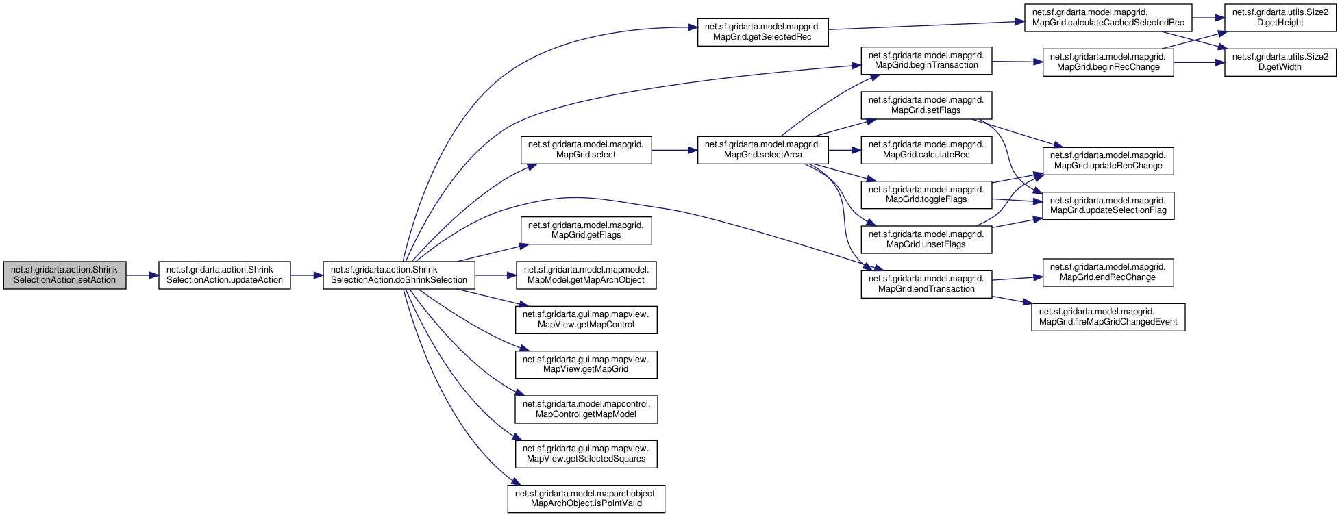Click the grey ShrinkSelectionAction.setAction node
[x=64, y=275]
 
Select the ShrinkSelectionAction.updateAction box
[x=225, y=275]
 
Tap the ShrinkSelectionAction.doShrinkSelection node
[x=399, y=275]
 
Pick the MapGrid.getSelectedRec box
[x=762, y=32]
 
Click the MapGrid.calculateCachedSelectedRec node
[x=1108, y=18]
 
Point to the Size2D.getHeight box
[x=1280, y=18]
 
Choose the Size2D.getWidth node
[x=1280, y=62]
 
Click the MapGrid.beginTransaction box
[x=926, y=61]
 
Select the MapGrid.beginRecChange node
[x=1108, y=62]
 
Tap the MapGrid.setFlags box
[x=926, y=105]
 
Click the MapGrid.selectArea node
[x=762, y=150]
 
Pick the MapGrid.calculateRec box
[x=926, y=150]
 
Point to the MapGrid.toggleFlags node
[x=926, y=195]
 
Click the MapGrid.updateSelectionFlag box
[x=1108, y=205]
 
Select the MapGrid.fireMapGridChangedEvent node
[x=1108, y=317]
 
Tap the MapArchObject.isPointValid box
[x=586, y=499]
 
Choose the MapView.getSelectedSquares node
[x=586, y=454]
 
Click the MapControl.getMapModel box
[x=586, y=409]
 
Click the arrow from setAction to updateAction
[x=142, y=275]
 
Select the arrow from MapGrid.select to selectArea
[x=674, y=150]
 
